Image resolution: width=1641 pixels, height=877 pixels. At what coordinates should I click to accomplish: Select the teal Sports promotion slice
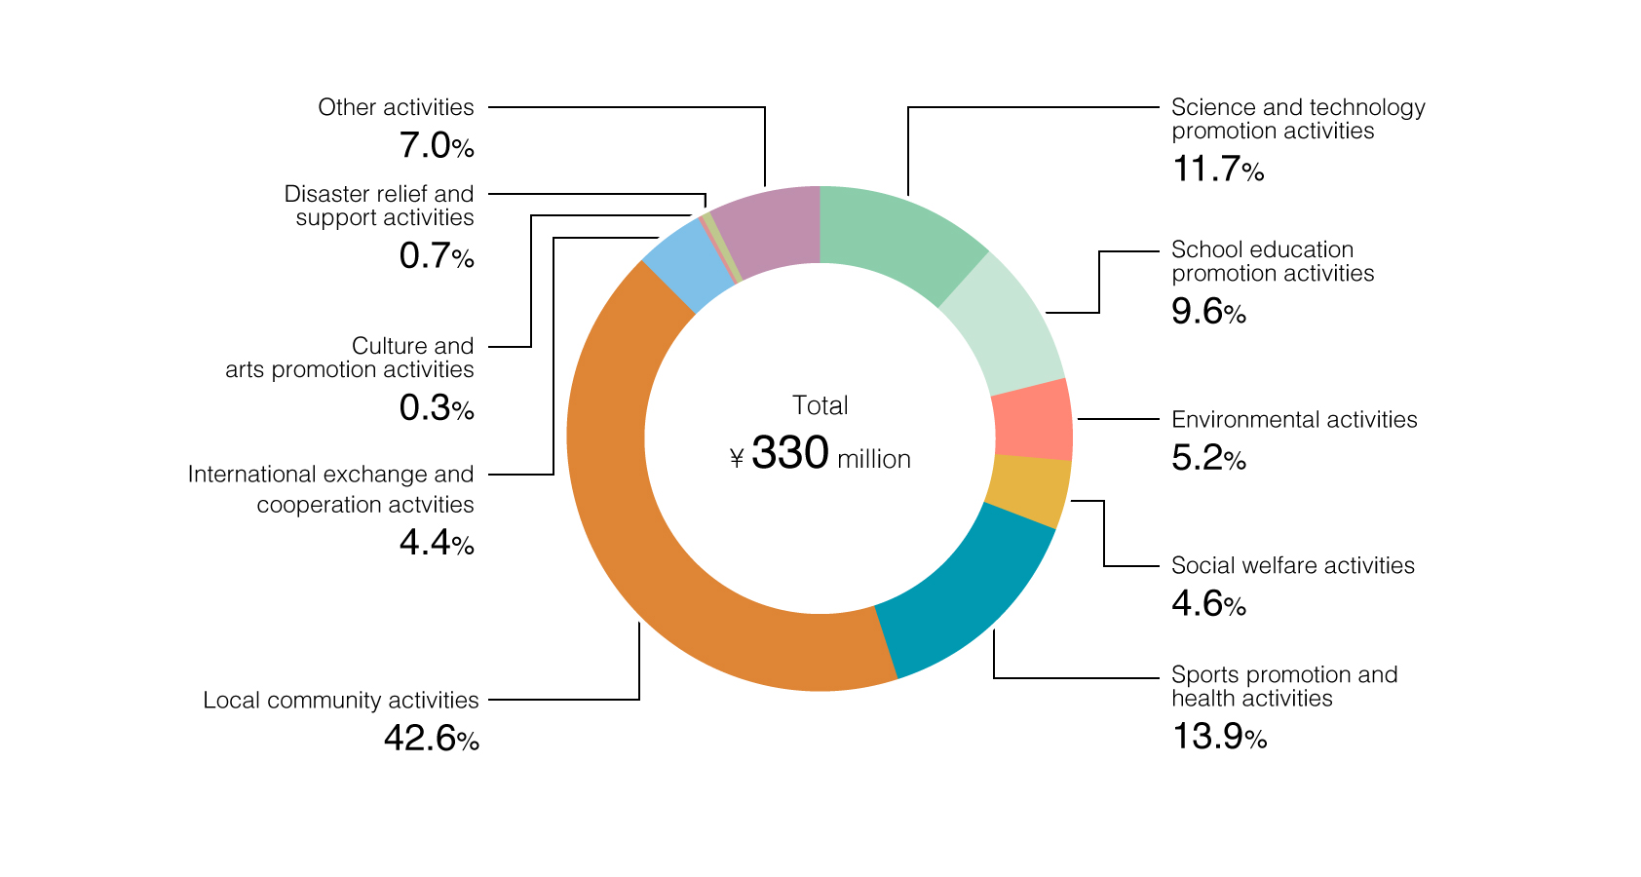pyautogui.click(x=965, y=594)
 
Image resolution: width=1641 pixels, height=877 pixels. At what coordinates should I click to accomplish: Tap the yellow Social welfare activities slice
pyautogui.click(x=1029, y=490)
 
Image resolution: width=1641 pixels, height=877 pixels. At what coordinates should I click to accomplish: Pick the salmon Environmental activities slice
pyautogui.click(x=1033, y=419)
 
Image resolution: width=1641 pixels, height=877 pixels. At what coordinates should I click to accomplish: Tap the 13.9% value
pyautogui.click(x=1218, y=737)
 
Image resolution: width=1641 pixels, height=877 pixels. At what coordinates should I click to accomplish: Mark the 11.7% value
pyautogui.click(x=1217, y=170)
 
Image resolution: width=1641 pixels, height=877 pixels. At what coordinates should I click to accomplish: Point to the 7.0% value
pyautogui.click(x=436, y=146)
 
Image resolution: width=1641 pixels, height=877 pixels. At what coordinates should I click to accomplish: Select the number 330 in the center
pyautogui.click(x=790, y=453)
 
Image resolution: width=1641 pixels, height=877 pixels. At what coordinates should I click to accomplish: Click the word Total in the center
pyautogui.click(x=820, y=405)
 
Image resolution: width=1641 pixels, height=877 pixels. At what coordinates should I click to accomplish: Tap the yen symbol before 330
pyautogui.click(x=737, y=459)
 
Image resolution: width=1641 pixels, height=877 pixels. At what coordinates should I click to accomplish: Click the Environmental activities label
pyautogui.click(x=1293, y=420)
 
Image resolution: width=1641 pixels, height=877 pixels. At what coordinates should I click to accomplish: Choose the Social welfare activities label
pyautogui.click(x=1292, y=566)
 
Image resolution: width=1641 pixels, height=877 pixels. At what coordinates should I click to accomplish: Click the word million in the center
pyautogui.click(x=873, y=459)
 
